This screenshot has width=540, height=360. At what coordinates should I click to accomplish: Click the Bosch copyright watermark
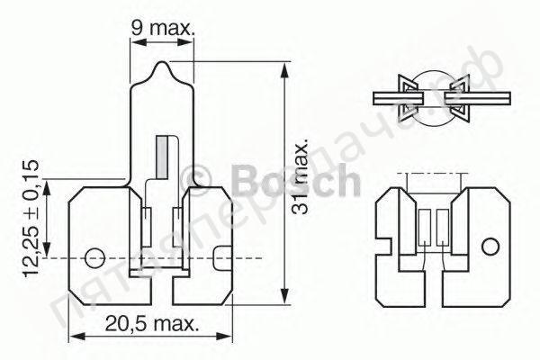coord(270,183)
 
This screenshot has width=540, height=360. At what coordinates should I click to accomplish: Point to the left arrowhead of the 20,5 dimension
coord(74,337)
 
